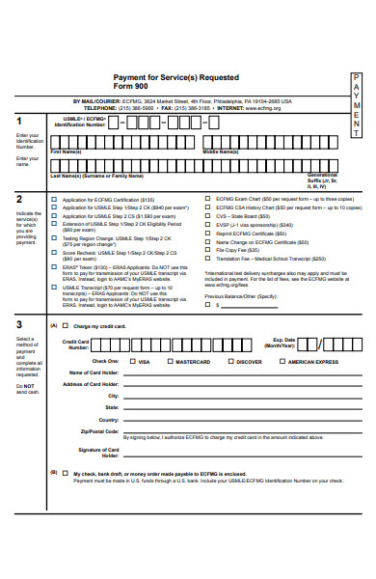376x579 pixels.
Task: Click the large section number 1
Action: [x=20, y=121]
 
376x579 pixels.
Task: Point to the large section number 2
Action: [x=20, y=199]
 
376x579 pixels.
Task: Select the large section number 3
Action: [x=20, y=324]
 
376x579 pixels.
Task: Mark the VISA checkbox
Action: [x=132, y=361]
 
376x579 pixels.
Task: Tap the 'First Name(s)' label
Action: [x=67, y=152]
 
